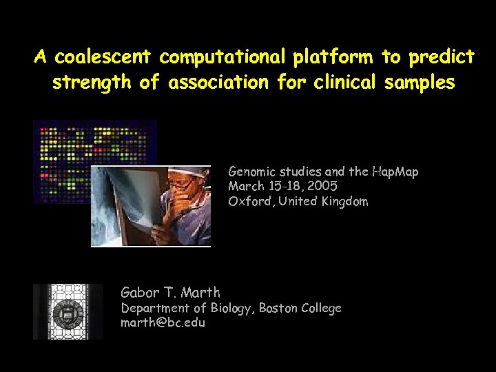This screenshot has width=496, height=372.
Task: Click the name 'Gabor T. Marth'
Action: point(170,292)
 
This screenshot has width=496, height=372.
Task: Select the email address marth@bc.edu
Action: point(163,322)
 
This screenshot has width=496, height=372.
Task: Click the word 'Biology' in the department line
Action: point(232,308)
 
